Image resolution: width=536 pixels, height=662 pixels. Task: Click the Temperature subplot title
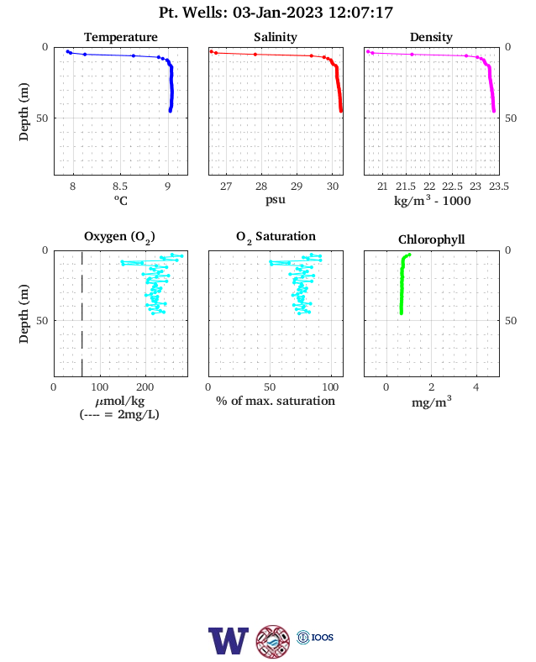[121, 37]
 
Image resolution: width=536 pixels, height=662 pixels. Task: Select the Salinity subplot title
[276, 37]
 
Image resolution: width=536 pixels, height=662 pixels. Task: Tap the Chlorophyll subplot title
[431, 239]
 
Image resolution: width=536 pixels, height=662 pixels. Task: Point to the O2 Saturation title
[276, 237]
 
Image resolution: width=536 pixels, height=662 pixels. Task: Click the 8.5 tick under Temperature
[120, 187]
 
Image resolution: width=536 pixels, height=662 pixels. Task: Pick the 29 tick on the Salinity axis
[297, 187]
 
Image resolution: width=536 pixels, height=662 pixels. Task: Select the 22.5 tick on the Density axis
[452, 187]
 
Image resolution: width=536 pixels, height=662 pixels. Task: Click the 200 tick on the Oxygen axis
[145, 387]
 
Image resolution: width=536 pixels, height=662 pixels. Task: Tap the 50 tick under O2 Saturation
[270, 387]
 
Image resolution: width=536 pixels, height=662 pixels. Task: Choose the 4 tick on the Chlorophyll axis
[476, 387]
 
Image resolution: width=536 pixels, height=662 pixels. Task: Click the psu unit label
[276, 200]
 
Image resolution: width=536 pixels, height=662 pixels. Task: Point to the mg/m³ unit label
[431, 402]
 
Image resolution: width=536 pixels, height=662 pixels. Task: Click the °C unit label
[121, 200]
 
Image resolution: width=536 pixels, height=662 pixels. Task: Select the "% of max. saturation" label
[276, 401]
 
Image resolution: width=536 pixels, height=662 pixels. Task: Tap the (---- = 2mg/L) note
[119, 415]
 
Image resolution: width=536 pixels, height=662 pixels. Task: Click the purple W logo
[229, 641]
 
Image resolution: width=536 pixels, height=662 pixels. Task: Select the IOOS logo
[315, 637]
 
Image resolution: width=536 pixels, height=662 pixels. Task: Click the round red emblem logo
[273, 642]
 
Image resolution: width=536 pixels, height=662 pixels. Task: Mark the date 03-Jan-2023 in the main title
[278, 13]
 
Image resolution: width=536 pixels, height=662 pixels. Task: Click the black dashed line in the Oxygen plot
[81, 313]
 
